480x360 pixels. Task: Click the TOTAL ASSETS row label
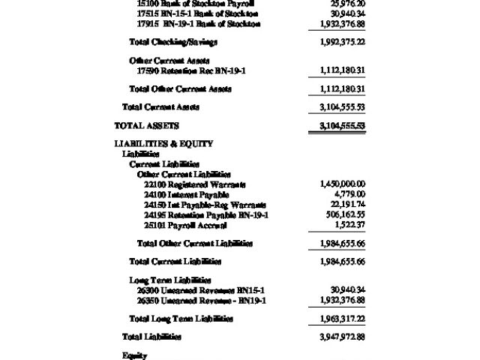(146, 126)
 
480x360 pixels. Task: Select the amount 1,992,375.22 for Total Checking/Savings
(342, 42)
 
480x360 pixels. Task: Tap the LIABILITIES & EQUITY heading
(163, 143)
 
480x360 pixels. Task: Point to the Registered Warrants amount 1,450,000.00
(342, 184)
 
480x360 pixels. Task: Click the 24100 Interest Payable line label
(186, 195)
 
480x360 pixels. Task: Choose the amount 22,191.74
(347, 205)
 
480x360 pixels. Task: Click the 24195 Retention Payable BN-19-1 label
(206, 215)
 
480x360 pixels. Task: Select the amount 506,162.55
(345, 215)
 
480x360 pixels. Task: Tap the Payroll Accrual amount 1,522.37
(349, 225)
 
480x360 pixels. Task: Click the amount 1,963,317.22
(342, 319)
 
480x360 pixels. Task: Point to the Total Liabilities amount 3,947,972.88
(342, 337)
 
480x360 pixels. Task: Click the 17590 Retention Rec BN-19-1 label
(191, 70)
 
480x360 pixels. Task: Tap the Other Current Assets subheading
(169, 61)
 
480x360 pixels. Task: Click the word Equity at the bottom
(134, 355)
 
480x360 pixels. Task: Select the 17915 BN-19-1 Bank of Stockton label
(199, 24)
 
